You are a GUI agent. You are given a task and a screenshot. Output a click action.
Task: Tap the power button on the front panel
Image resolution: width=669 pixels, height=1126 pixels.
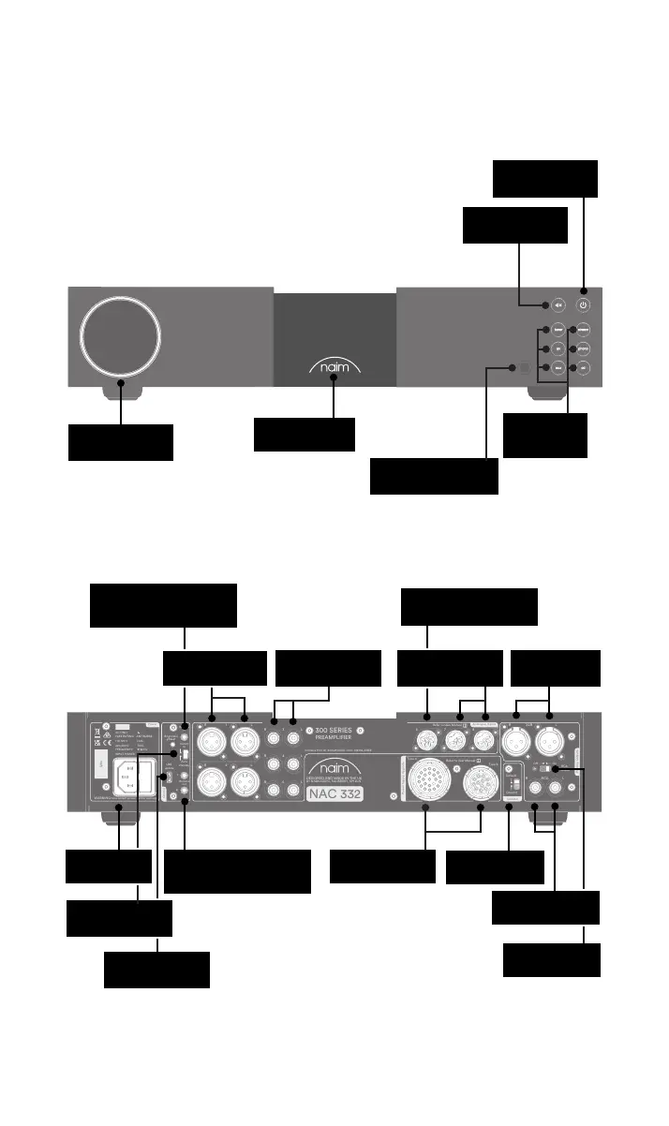(584, 304)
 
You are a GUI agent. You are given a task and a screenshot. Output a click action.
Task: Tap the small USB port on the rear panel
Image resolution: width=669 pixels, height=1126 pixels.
(169, 778)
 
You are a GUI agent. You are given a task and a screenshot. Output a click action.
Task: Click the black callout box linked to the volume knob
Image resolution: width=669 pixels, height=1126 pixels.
(120, 442)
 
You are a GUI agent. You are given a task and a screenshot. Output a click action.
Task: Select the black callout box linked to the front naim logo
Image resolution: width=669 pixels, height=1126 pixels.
(305, 434)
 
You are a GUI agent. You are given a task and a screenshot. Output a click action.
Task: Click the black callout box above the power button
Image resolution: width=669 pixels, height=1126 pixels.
(544, 178)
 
